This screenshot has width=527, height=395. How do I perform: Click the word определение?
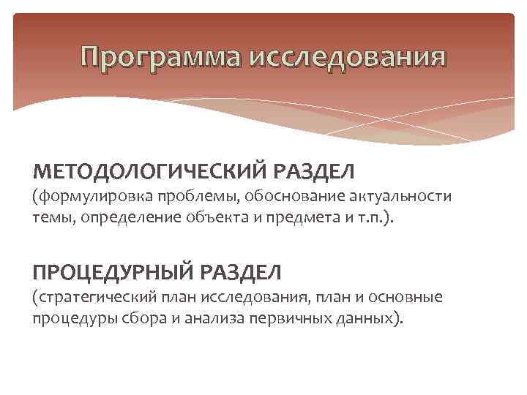(124, 217)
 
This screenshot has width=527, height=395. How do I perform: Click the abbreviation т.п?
(359, 217)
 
